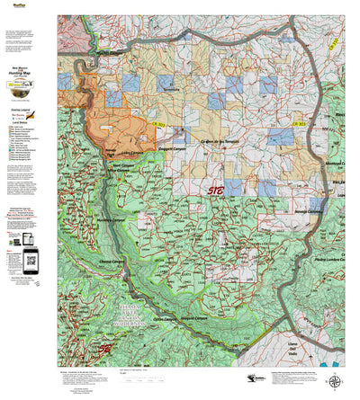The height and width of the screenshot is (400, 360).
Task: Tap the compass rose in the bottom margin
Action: pos(337,382)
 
